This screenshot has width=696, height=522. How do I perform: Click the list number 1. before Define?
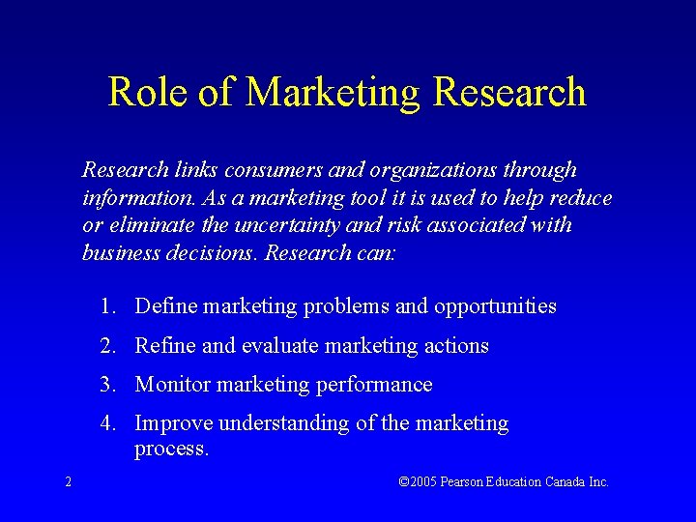(x=106, y=306)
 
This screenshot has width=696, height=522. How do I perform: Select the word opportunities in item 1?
(x=495, y=306)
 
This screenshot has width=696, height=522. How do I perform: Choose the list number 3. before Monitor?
(x=106, y=385)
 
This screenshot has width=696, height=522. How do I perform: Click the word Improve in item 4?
(x=174, y=423)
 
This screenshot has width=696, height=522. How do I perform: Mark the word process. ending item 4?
(x=172, y=449)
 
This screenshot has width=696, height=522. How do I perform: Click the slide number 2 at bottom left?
(x=68, y=481)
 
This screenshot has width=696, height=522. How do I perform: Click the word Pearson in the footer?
(x=462, y=481)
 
